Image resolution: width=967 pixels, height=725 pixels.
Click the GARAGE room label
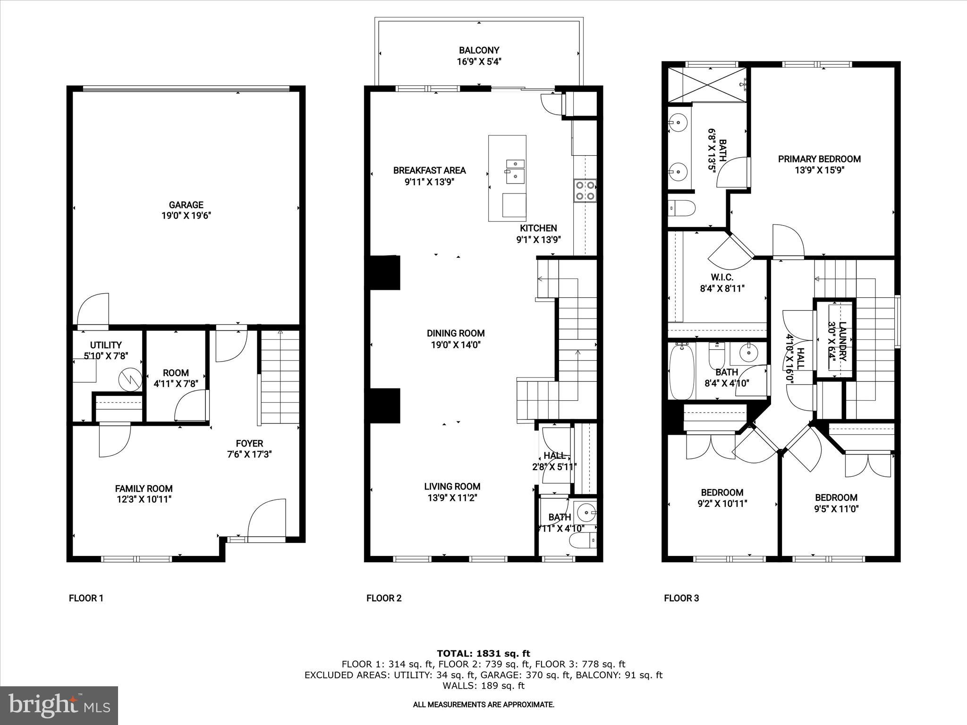[186, 205]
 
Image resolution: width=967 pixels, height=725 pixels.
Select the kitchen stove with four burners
[585, 191]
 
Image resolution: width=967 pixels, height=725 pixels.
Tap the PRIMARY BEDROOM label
[819, 160]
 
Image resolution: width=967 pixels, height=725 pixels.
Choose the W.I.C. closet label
[722, 277]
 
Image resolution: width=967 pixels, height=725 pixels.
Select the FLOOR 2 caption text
[384, 599]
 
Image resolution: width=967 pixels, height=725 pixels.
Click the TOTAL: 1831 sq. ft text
[483, 654]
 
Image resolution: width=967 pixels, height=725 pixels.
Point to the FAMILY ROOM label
[144, 489]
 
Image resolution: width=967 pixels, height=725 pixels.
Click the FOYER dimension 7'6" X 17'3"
[249, 455]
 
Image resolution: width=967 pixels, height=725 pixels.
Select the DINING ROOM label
[456, 333]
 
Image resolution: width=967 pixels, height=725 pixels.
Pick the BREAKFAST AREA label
[429, 170]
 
